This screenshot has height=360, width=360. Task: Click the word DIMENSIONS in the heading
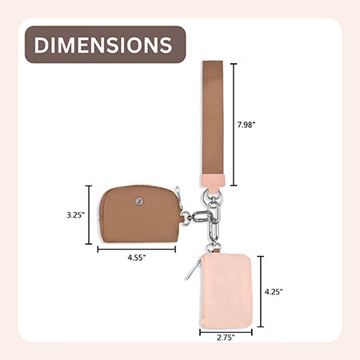[x=103, y=45]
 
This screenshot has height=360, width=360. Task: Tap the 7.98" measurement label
[x=246, y=125]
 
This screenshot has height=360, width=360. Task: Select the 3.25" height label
[x=76, y=215]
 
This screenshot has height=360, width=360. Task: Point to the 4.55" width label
[x=137, y=258]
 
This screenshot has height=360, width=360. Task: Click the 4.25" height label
[x=274, y=292]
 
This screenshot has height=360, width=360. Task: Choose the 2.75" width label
[x=226, y=338]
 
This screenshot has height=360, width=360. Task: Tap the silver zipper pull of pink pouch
[x=193, y=270]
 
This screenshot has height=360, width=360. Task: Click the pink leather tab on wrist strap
[x=214, y=182]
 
